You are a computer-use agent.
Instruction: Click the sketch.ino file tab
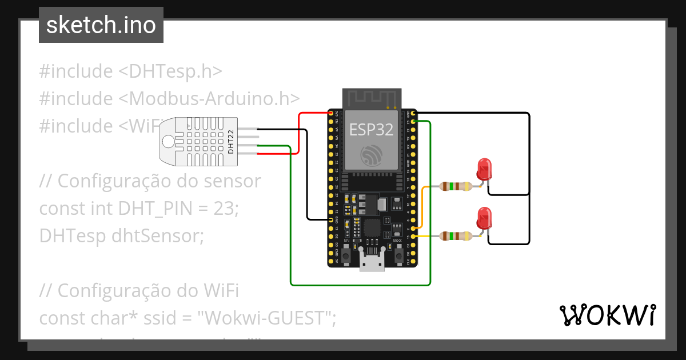coord(101,25)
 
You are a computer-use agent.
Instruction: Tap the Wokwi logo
coord(607,315)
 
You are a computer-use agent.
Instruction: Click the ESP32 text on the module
coord(371,129)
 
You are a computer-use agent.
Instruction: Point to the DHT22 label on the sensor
coord(231,141)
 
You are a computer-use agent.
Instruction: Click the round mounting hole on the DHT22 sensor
coord(169,141)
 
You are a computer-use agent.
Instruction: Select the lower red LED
coord(484,219)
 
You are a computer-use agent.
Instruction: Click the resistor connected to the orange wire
coord(456,186)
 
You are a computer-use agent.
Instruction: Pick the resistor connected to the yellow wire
coord(456,235)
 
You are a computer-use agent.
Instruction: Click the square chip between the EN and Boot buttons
coord(372,227)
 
